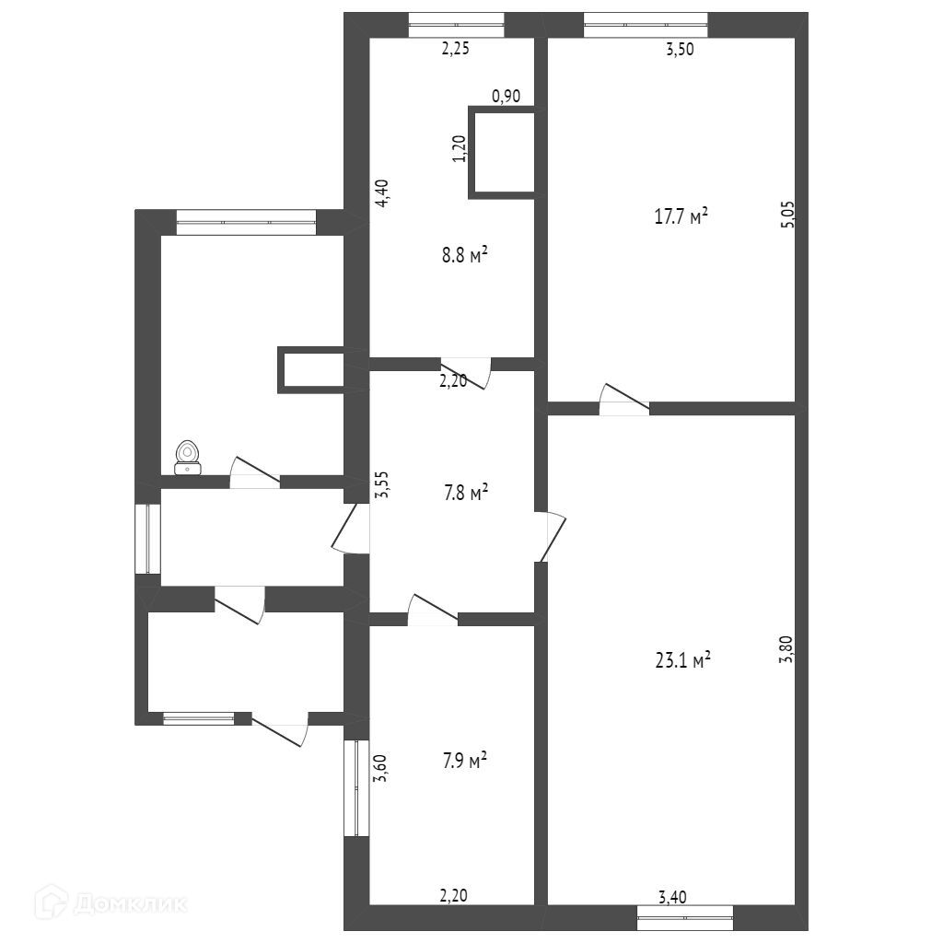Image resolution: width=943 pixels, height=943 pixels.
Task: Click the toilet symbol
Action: pos(188,459)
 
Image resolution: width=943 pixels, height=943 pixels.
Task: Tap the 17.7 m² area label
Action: pos(681,216)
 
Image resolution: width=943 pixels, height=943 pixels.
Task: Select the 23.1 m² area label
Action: pos(682,661)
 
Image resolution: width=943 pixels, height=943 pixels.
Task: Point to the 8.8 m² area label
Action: pos(464,256)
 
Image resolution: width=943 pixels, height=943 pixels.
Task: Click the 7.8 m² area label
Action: pos(465,494)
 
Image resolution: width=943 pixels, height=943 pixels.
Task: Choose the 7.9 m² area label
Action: pos(465,761)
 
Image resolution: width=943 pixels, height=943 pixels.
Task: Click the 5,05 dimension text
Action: pos(788,214)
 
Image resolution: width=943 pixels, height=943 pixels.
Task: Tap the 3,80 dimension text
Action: pos(787,649)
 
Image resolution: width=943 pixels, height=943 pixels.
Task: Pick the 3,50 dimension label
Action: pos(680,50)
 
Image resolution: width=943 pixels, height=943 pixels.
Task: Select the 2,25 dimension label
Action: pos(455,49)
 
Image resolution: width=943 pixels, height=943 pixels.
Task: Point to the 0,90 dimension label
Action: pos(506,96)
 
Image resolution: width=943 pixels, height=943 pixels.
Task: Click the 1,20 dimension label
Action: pos(460,148)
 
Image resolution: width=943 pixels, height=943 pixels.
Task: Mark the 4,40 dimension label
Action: pos(382,193)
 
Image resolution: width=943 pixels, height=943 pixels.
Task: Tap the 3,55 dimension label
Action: pos(382,484)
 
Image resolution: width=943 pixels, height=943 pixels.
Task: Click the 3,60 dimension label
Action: pos(380,768)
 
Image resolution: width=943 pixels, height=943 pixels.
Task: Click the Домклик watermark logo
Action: pos(111,902)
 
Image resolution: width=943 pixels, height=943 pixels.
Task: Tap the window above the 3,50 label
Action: pos(646,25)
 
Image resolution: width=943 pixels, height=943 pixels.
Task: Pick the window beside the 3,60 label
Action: pos(356,787)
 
